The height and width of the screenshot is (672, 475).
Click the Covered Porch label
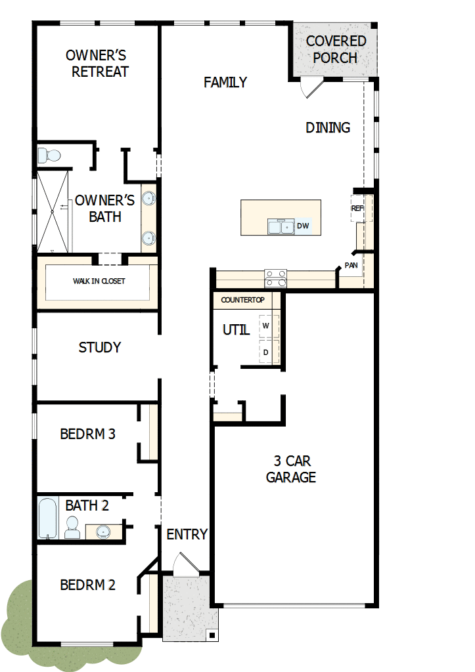click(x=336, y=49)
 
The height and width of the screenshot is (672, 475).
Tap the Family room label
click(x=225, y=82)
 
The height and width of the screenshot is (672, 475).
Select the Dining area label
click(x=327, y=127)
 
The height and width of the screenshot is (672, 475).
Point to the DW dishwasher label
click(x=303, y=226)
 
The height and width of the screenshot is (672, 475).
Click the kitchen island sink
click(x=281, y=226)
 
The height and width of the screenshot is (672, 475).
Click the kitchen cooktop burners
click(x=275, y=279)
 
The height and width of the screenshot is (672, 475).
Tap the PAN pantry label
click(x=351, y=266)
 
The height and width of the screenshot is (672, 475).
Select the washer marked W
click(x=267, y=325)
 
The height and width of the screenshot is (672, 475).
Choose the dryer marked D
click(x=267, y=352)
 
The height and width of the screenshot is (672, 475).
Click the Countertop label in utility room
click(x=242, y=300)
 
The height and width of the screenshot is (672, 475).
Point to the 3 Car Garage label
click(x=290, y=469)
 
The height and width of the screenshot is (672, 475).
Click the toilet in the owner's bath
click(x=49, y=156)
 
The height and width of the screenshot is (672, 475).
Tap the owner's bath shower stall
click(x=53, y=211)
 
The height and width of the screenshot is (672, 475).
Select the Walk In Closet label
click(x=99, y=282)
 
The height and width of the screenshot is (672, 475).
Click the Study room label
click(x=99, y=347)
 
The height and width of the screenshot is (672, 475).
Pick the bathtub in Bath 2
click(x=48, y=519)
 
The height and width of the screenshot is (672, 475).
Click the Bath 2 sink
click(x=104, y=530)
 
